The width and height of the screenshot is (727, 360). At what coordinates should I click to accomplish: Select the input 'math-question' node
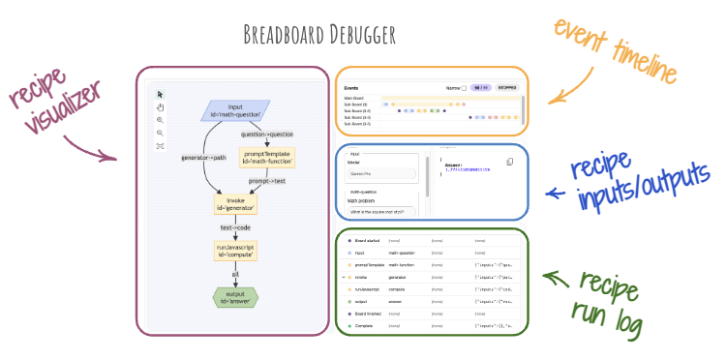coord(235,111)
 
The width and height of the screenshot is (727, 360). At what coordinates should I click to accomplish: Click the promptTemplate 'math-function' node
coord(266,158)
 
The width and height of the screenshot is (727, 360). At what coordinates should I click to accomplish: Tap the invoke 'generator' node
coord(235,203)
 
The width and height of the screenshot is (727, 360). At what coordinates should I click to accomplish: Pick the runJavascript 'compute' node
coord(235,251)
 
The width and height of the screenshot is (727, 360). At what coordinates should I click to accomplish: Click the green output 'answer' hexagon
coord(235,296)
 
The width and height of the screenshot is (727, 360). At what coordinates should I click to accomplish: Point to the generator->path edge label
coord(202,157)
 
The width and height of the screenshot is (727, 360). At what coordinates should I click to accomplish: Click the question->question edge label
coord(267,134)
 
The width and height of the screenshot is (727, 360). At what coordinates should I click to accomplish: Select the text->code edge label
coord(235,227)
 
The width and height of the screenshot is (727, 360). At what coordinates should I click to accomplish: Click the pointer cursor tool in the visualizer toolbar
coord(160,94)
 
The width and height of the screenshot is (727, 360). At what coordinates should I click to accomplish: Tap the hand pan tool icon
coord(160,107)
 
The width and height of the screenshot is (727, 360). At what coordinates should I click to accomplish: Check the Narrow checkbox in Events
coord(464,87)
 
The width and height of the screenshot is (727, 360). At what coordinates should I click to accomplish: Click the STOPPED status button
coord(507,87)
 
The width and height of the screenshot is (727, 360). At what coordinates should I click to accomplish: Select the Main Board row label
coord(355,97)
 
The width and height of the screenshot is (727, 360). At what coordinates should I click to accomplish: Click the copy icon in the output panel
coord(510,161)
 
